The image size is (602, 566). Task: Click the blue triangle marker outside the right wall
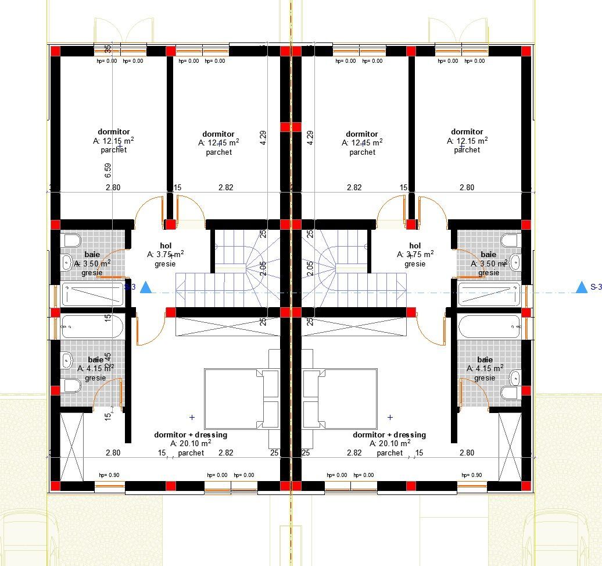581,286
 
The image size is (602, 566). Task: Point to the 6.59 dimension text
108,170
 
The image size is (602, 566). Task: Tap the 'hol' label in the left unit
165,246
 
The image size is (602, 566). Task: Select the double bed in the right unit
339,398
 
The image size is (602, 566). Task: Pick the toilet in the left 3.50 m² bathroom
71,241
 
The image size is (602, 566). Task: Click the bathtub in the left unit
92,326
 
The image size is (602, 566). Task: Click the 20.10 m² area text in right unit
390,443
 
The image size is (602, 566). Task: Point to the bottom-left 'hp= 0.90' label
109,475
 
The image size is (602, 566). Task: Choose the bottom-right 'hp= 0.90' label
471,475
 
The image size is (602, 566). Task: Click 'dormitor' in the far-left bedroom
114,132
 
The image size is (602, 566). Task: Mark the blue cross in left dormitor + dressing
192,417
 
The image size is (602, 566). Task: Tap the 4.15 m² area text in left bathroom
96,368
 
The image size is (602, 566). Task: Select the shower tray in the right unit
489,294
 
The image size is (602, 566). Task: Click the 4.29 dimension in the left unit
263,137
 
